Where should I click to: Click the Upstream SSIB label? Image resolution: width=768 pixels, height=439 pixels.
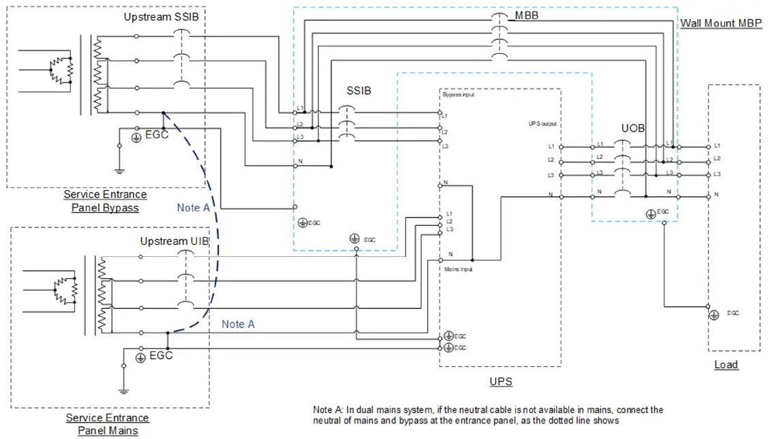pyautogui.click(x=161, y=16)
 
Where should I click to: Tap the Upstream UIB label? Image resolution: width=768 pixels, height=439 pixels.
pyautogui.click(x=174, y=241)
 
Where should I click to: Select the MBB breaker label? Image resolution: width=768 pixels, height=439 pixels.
pyautogui.click(x=527, y=15)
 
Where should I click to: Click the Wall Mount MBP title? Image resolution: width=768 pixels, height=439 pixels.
pyautogui.click(x=722, y=23)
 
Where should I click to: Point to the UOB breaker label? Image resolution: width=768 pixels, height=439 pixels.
pyautogui.click(x=632, y=128)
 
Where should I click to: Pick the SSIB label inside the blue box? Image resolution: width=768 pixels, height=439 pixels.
pyautogui.click(x=358, y=91)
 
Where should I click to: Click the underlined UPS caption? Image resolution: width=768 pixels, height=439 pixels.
pyautogui.click(x=501, y=382)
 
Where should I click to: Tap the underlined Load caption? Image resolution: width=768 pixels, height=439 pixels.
pyautogui.click(x=726, y=365)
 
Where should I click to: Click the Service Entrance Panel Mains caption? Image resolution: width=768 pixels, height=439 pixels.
pyautogui.click(x=107, y=424)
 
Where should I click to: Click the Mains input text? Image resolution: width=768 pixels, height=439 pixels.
pyautogui.click(x=459, y=269)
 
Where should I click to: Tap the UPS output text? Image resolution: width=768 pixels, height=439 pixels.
pyautogui.click(x=543, y=124)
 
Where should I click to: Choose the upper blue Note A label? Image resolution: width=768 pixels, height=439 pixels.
pyautogui.click(x=193, y=207)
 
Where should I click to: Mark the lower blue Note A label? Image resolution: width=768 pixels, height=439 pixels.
pyautogui.click(x=238, y=324)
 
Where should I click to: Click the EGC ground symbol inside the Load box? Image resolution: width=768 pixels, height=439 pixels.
pyautogui.click(x=713, y=314)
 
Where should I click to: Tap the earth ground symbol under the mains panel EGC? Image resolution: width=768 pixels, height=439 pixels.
pyautogui.click(x=124, y=391)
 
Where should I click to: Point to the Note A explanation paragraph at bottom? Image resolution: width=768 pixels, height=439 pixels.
pyautogui.click(x=487, y=415)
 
